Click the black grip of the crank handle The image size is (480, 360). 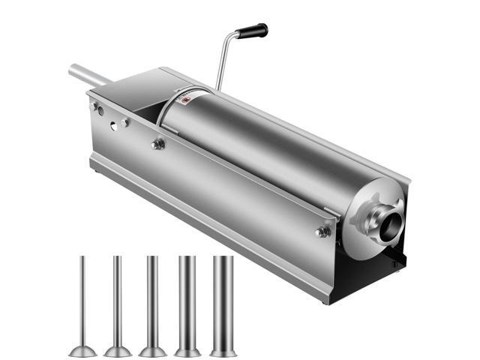tap(252, 31)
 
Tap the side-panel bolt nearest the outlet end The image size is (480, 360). tap(323, 232)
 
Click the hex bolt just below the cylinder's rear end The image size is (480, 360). tap(158, 144)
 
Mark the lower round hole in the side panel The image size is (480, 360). tap(114, 127)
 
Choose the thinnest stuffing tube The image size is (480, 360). tap(83, 300)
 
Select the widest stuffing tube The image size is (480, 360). tap(223, 300)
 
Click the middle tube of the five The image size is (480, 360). tap(152, 300)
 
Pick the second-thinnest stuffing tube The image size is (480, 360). tap(117, 300)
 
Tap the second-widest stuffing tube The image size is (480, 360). tap(187, 300)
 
